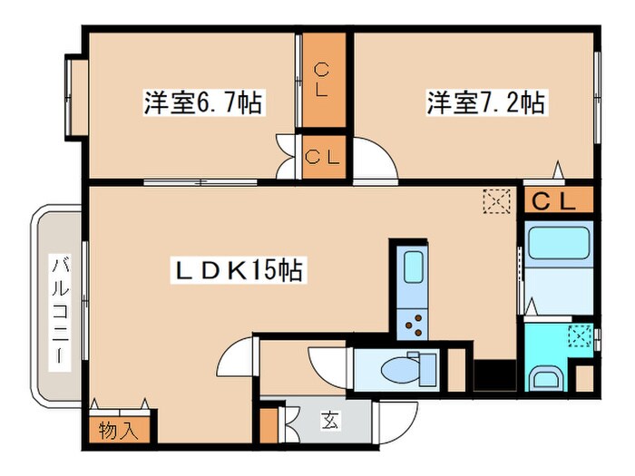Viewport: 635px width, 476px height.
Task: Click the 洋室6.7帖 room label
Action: (x=202, y=103)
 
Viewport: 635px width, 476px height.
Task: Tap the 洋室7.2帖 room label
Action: (x=486, y=103)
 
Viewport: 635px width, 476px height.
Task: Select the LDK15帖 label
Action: (x=239, y=269)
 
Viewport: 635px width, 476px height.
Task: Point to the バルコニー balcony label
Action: (x=60, y=308)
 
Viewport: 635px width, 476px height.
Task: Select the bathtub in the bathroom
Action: (x=559, y=244)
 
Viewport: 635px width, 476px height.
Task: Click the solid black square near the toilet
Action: (x=495, y=374)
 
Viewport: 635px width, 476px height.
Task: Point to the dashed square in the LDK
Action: (x=496, y=200)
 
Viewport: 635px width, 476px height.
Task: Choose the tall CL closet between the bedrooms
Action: (x=323, y=80)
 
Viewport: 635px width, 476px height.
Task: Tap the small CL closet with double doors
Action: (x=323, y=156)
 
